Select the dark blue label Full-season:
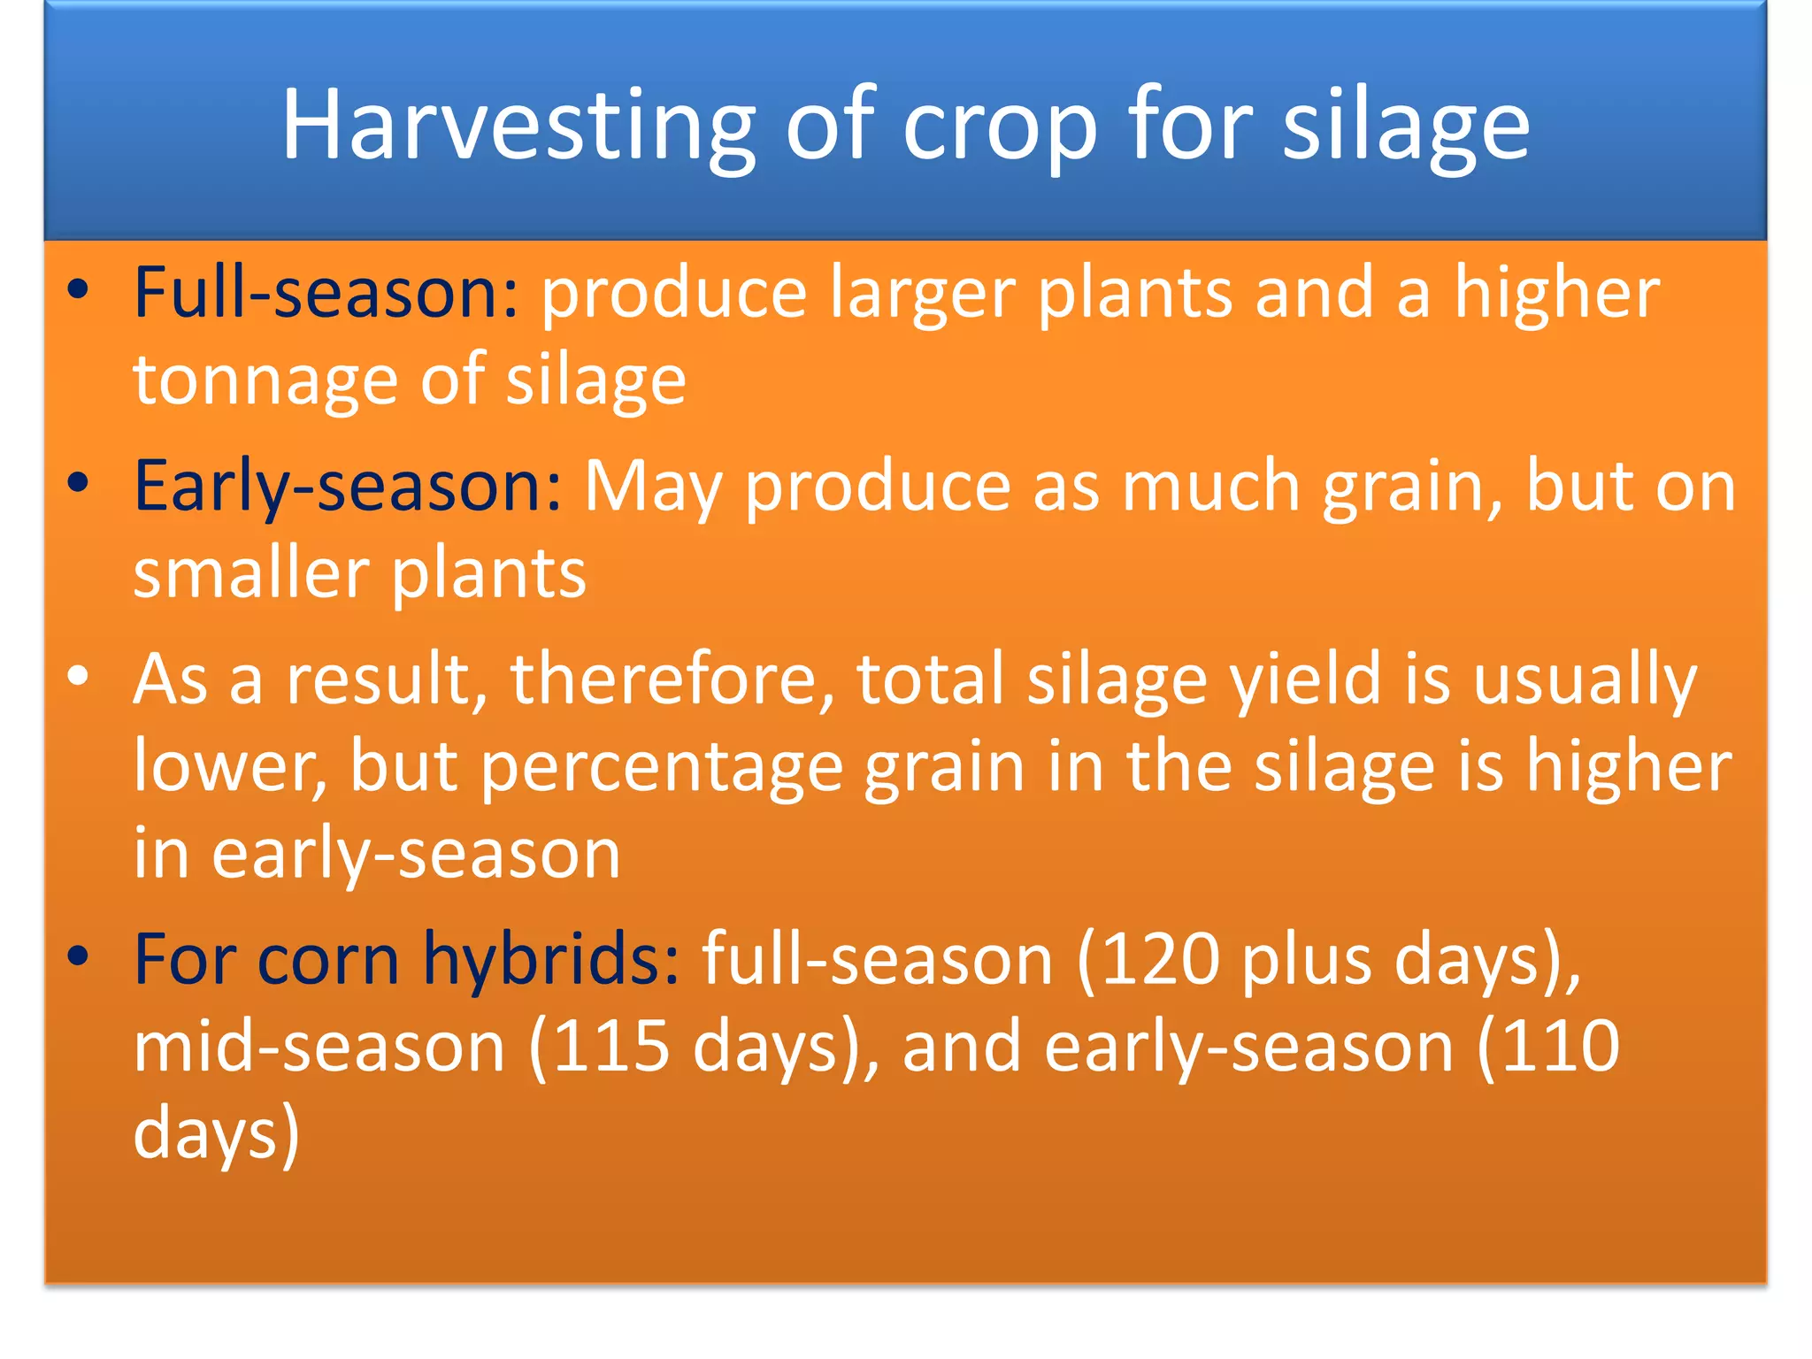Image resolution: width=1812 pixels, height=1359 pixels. pyautogui.click(x=326, y=294)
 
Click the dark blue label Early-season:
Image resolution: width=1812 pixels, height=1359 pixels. pyautogui.click(x=347, y=487)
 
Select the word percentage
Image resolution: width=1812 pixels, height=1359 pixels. pyautogui.click(x=662, y=768)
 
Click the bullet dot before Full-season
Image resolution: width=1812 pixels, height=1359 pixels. pyautogui.click(x=79, y=290)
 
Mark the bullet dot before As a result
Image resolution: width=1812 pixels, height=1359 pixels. pyautogui.click(x=79, y=676)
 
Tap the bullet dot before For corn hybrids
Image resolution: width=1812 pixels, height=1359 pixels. pyautogui.click(x=79, y=956)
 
